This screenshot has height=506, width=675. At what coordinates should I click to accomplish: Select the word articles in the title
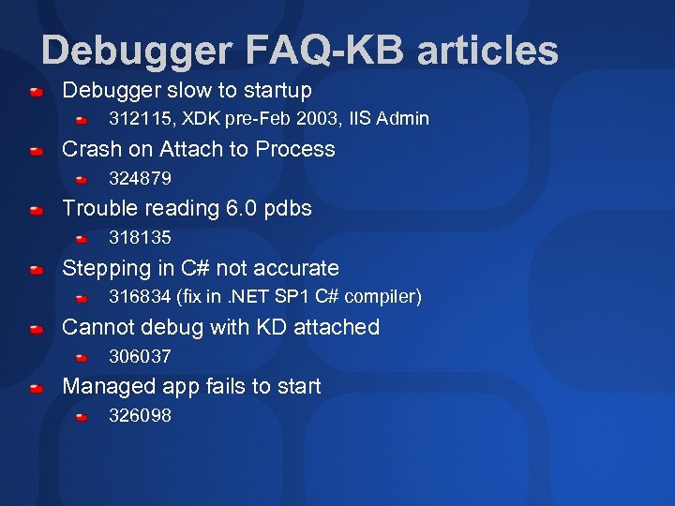coord(487,51)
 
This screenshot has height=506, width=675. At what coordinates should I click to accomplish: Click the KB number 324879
coord(140,178)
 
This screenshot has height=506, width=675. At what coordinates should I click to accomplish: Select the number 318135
coord(140,238)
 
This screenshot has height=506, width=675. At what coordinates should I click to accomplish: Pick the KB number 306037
coord(140,356)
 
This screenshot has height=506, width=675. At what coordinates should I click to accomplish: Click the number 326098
coord(140,416)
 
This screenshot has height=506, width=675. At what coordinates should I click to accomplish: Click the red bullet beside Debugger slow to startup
coord(36,92)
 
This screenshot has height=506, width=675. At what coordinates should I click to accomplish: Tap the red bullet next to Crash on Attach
coord(36,151)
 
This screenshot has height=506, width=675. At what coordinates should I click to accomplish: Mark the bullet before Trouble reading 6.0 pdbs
coord(36,211)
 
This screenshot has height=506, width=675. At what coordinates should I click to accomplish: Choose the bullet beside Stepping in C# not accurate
coord(36,270)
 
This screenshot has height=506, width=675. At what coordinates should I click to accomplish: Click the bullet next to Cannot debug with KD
coord(36,329)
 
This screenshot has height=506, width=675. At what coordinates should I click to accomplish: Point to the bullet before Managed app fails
coord(36,388)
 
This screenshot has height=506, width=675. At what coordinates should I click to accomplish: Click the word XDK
coord(203,119)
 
